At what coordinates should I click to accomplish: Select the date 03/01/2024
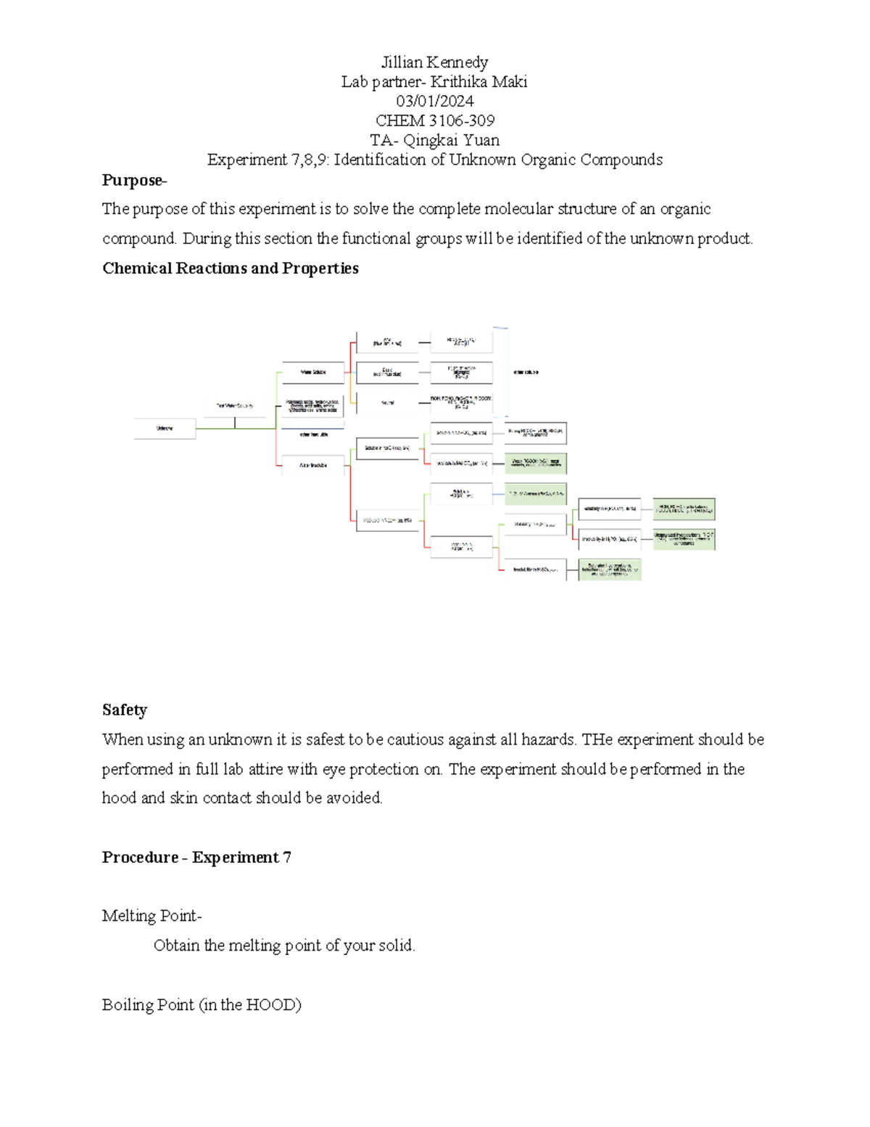tap(435, 101)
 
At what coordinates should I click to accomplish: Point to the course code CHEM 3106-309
tap(435, 120)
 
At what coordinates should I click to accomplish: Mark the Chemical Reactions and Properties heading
tap(231, 269)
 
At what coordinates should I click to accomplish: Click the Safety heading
tap(125, 710)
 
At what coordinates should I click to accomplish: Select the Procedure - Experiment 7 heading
tap(196, 857)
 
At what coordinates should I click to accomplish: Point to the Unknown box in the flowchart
tap(165, 428)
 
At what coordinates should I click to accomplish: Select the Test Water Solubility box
tap(235, 406)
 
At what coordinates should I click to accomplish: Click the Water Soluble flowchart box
tap(313, 372)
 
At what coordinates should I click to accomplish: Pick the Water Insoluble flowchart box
tap(313, 465)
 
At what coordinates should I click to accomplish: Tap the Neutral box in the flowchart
tap(388, 402)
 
